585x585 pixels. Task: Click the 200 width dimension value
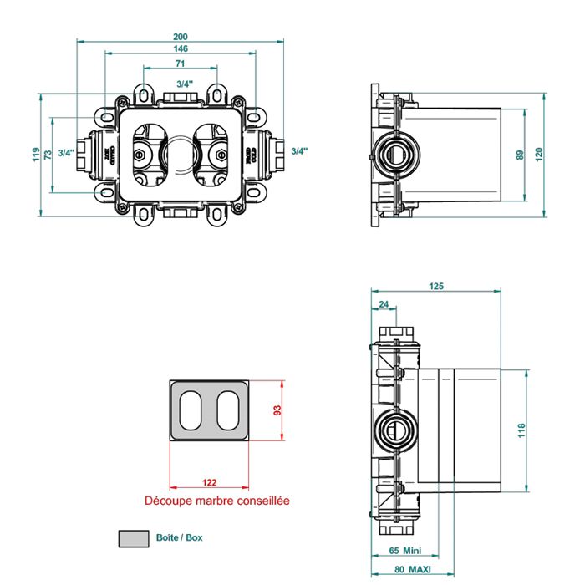point(181,36)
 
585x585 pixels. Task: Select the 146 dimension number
point(181,49)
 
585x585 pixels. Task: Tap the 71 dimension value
point(181,64)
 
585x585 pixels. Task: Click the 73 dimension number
point(48,155)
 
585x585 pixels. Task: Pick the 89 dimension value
point(520,155)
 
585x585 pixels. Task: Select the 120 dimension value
point(539,155)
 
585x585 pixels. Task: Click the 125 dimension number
point(436,287)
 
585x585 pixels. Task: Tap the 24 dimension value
point(384,303)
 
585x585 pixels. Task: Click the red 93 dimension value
point(279,410)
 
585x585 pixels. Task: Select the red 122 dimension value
point(211,483)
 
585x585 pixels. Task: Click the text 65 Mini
point(405,552)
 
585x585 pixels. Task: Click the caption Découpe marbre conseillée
point(216,501)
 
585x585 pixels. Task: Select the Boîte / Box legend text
point(180,537)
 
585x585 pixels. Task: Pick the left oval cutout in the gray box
point(191,410)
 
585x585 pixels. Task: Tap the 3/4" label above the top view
point(186,84)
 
